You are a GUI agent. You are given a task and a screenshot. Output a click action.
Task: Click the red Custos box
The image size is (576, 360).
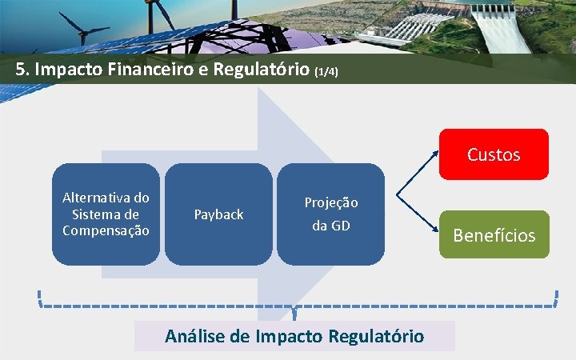coord(494,154)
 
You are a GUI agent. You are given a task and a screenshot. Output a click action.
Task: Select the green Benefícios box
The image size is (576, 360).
coord(494,234)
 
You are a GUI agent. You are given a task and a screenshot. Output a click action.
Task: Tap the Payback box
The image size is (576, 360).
coord(218,214)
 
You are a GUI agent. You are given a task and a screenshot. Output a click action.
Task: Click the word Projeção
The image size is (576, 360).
coord(330,202)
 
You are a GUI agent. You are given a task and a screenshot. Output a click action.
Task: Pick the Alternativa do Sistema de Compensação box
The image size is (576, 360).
coord(106,214)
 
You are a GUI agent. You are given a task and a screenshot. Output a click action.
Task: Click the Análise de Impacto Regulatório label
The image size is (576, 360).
coord(294,336)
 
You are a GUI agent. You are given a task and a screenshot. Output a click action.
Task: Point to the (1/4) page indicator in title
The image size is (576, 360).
coord(326,72)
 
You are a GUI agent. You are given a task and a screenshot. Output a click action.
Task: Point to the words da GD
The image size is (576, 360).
coord(330,226)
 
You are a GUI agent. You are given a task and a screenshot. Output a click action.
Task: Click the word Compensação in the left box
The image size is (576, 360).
coord(106,230)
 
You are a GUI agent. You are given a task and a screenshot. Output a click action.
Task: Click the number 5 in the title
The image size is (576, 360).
coord(20,70)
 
